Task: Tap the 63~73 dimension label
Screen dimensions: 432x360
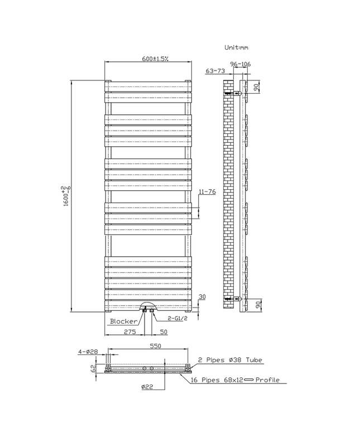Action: tap(215, 71)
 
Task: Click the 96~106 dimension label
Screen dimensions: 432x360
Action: tap(241, 64)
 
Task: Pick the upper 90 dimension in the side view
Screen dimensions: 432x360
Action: tap(256, 87)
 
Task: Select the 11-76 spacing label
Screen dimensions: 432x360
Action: tap(207, 191)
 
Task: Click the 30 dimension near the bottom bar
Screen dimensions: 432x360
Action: tap(202, 296)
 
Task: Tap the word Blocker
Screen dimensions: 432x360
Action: tap(123, 321)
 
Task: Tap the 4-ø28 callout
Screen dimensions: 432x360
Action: tap(88, 352)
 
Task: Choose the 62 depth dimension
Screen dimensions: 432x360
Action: tap(93, 368)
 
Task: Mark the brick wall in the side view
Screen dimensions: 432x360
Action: tap(228, 190)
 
